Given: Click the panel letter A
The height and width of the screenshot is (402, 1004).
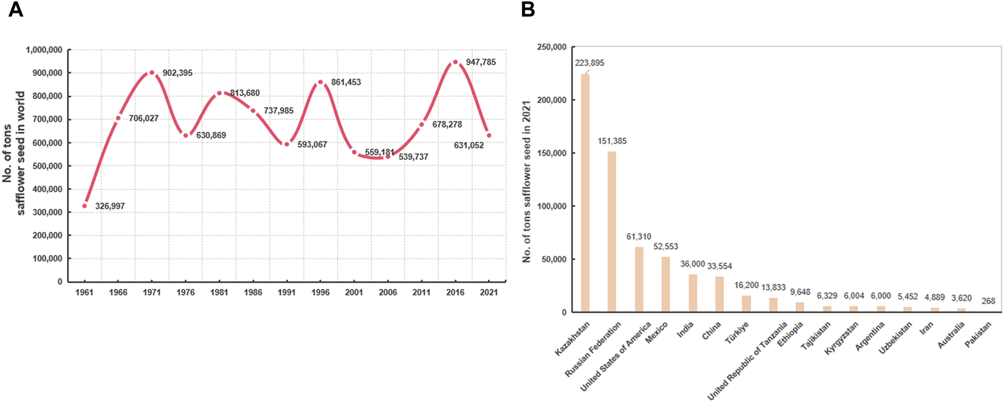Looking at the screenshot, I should tap(15, 10).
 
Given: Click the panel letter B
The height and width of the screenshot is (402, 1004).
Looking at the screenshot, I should tap(527, 10).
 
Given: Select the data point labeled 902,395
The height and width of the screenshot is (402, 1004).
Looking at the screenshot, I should tap(151, 73).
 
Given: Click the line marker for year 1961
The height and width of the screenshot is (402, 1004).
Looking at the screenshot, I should tap(85, 206).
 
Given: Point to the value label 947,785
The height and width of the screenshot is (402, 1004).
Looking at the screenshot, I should tap(480, 62).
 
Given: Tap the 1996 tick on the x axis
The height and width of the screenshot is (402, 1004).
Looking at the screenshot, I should tap(321, 293).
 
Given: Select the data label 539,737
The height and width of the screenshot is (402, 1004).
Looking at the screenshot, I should tap(413, 157).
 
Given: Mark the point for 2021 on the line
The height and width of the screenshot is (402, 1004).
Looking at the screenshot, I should tap(489, 136).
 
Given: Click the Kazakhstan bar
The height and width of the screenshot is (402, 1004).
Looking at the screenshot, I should tap(585, 193).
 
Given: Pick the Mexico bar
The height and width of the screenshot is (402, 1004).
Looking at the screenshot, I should tap(666, 284).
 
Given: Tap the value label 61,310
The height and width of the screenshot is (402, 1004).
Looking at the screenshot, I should tap(639, 236).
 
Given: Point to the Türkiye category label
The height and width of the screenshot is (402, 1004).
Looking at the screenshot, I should tap(737, 333).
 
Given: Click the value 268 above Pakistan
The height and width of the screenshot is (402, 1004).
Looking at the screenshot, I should tap(988, 301).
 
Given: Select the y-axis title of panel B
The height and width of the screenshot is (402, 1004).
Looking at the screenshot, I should tap(526, 181).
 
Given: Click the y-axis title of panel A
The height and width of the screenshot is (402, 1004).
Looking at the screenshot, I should tap(14, 153).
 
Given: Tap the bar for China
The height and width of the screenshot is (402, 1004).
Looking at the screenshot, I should tap(720, 294).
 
